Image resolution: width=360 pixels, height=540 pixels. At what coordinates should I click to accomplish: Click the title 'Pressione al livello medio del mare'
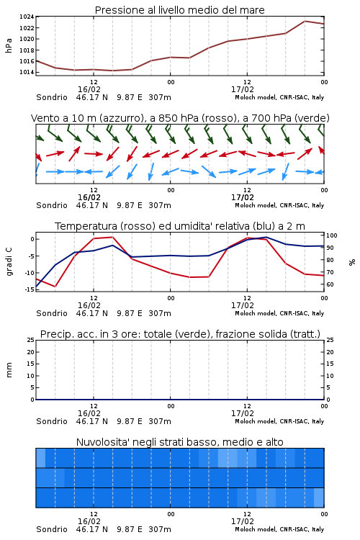[x=179, y=10]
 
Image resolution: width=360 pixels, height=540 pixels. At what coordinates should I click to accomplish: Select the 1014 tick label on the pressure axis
[x=27, y=72]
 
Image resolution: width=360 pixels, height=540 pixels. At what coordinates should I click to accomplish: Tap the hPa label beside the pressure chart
[x=9, y=45]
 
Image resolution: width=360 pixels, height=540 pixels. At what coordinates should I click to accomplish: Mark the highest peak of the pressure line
[x=305, y=21]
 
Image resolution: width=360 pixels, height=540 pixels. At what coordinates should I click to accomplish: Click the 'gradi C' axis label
[x=9, y=262]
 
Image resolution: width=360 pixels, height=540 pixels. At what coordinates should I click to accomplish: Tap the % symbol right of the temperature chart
[x=352, y=262]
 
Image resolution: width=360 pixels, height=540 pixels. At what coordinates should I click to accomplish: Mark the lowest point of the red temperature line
[x=55, y=286]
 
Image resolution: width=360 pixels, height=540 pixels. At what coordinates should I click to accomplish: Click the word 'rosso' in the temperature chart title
[x=136, y=226]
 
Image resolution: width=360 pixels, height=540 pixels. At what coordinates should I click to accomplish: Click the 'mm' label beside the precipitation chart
[x=9, y=370]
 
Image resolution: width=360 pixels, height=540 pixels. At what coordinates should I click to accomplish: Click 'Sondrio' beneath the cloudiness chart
[x=52, y=529]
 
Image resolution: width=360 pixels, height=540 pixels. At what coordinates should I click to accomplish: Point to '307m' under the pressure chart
[x=160, y=97]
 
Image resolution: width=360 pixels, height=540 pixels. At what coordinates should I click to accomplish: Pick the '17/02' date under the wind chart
[x=243, y=198]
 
